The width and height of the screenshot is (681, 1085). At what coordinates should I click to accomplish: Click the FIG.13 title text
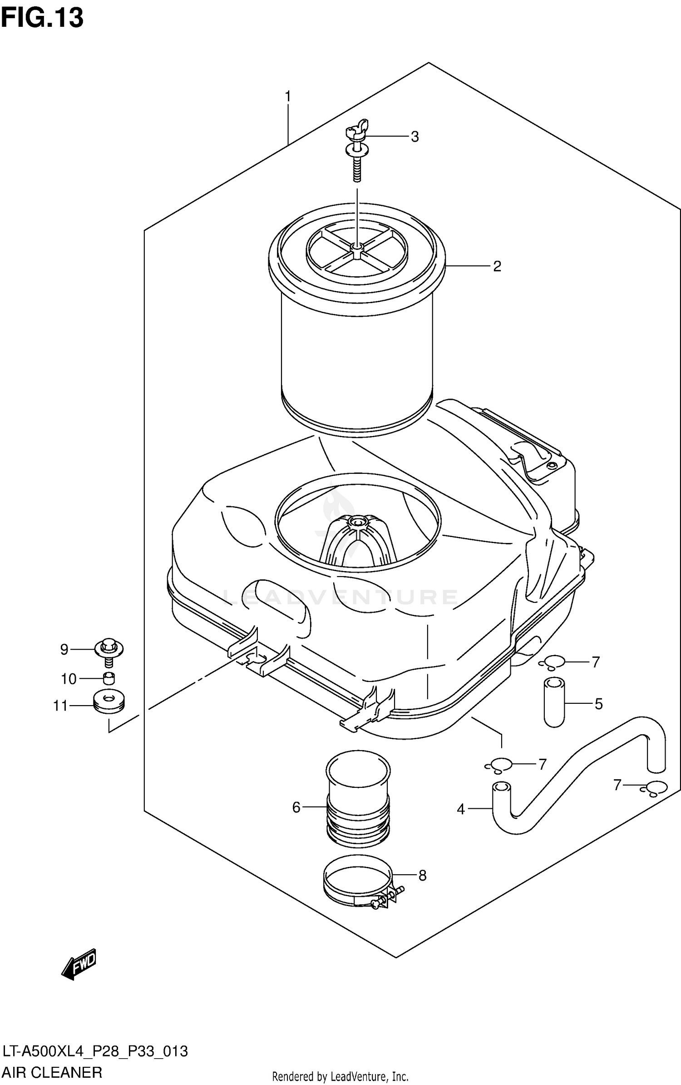pyautogui.click(x=42, y=18)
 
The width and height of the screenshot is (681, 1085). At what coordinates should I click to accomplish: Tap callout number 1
pyautogui.click(x=287, y=97)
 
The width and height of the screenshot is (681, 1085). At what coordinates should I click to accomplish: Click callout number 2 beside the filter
pyautogui.click(x=497, y=266)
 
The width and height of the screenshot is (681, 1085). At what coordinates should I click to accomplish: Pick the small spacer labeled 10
pyautogui.click(x=109, y=679)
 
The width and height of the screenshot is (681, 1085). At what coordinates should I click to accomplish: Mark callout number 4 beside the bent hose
pyautogui.click(x=461, y=809)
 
